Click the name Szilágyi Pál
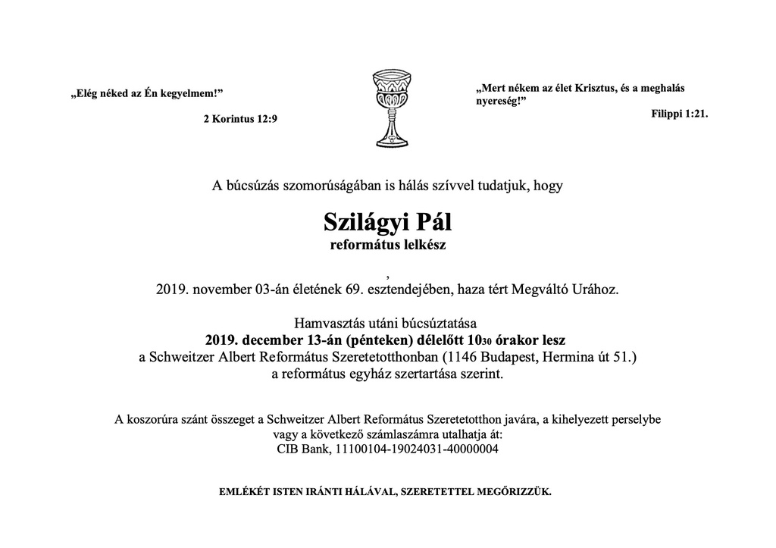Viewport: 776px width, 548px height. click(387, 223)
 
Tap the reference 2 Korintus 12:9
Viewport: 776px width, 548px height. click(240, 119)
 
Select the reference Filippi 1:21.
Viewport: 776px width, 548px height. click(679, 113)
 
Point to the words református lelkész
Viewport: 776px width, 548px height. click(387, 245)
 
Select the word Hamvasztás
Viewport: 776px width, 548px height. click(330, 324)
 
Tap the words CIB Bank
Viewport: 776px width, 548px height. click(304, 449)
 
